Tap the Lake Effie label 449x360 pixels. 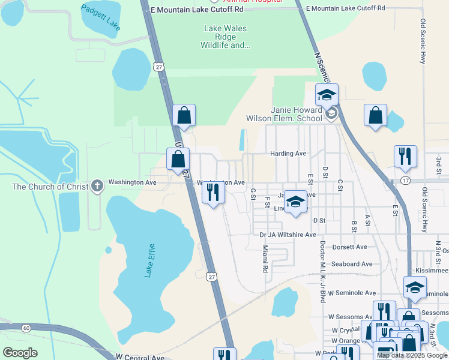(x=149, y=260)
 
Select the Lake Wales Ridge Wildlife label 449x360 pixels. (x=225, y=37)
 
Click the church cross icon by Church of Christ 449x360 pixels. (x=97, y=187)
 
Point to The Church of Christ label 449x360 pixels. (x=50, y=187)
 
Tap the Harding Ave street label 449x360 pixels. (x=288, y=154)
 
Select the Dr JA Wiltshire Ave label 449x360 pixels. (x=288, y=235)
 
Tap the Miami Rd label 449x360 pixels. (x=265, y=262)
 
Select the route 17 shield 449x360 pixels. (x=406, y=181)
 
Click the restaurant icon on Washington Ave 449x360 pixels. (x=212, y=192)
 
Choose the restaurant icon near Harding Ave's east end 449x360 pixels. (x=405, y=156)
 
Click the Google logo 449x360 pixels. (x=20, y=353)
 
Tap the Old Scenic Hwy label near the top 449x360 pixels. (x=424, y=42)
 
